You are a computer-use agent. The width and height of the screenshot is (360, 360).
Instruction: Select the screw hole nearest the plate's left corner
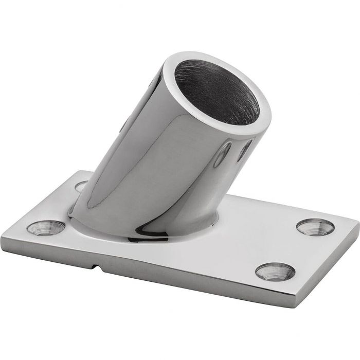(x=45, y=227)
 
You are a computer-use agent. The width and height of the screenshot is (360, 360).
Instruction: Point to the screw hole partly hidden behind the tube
(x=81, y=186)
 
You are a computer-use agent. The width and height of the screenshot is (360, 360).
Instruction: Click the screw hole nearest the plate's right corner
(x=315, y=226)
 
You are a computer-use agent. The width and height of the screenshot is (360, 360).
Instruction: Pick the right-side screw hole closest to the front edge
(x=275, y=271)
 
